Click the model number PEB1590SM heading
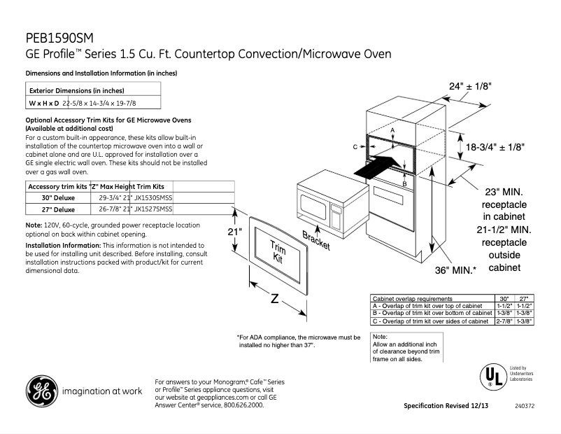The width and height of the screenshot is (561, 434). point(59,38)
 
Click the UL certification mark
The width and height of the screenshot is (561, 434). point(491,377)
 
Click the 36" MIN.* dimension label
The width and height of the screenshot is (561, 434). point(455,269)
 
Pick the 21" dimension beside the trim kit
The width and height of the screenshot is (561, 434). point(234,232)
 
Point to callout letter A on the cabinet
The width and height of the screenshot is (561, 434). point(393,131)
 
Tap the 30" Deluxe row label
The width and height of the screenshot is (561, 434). point(59,198)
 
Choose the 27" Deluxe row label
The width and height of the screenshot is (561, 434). point(59,209)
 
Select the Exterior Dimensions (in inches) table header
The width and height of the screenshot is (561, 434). point(76,90)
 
